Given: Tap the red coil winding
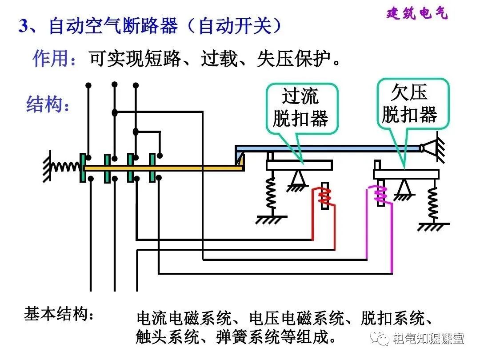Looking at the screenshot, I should click(x=324, y=196).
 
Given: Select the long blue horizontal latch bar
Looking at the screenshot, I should click(x=329, y=148).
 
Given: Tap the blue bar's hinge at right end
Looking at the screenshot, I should click(x=429, y=148).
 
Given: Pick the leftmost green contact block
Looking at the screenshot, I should click(x=83, y=168).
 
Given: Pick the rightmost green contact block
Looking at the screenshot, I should click(x=152, y=167).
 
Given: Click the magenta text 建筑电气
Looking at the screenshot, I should click(x=417, y=13).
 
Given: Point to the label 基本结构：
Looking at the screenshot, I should click(x=59, y=314).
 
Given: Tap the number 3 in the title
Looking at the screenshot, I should click(x=24, y=26).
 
